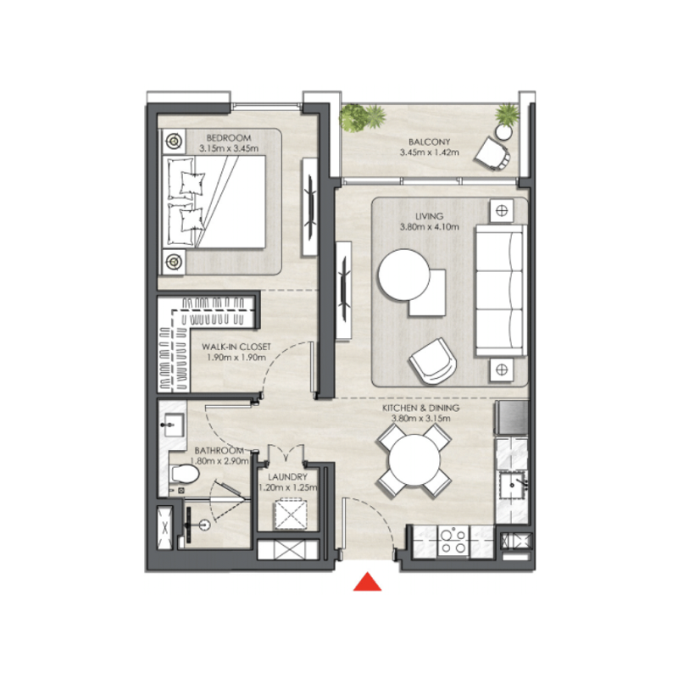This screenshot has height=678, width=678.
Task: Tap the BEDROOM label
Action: point(227,137)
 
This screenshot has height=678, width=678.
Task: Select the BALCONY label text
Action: point(429,142)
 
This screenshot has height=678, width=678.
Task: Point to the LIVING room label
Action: point(429,216)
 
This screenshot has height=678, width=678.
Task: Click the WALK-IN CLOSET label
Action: point(236,347)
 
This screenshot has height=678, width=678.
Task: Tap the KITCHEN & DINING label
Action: point(425,408)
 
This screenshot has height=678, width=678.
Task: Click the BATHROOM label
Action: point(219,450)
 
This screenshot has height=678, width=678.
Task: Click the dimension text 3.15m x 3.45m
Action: point(227,148)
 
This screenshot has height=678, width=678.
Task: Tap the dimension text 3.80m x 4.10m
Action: point(429,226)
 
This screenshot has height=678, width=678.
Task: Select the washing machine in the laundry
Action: point(289,515)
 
